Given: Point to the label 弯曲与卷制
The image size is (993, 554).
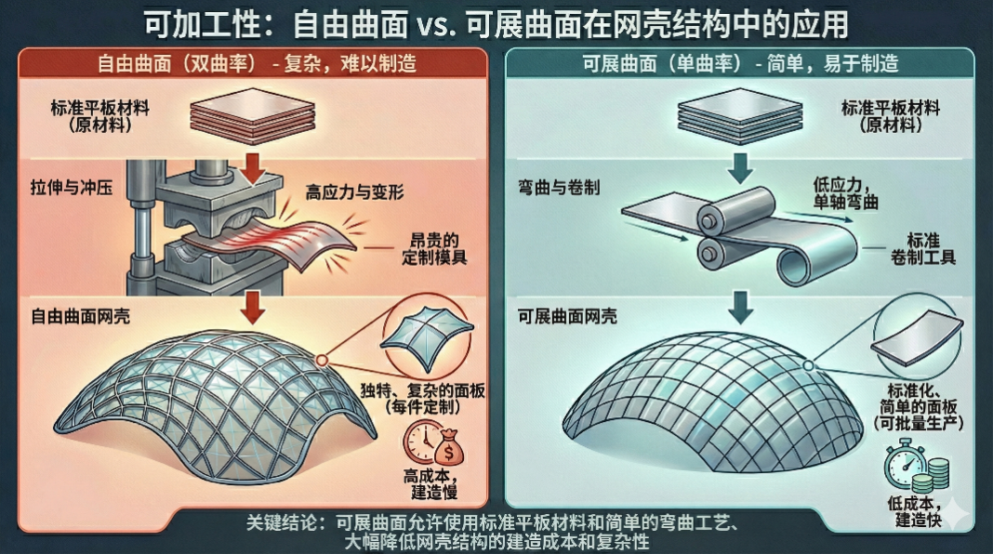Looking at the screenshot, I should (x=558, y=187).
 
